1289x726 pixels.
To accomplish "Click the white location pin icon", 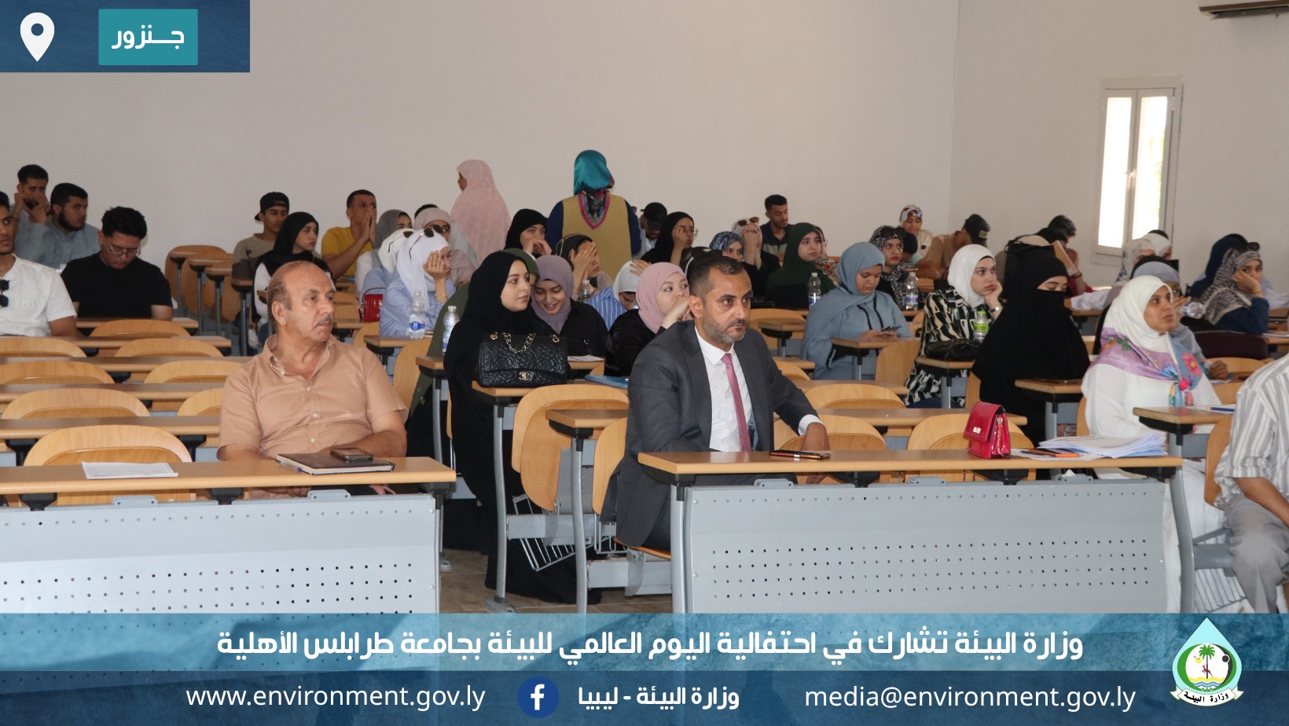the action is click(x=37, y=35).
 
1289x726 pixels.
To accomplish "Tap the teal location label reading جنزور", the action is click(x=148, y=37).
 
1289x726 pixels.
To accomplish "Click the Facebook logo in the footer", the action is click(x=538, y=697).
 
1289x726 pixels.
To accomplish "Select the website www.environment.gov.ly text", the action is click(x=336, y=697).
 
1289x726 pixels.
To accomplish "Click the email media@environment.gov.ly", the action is click(x=970, y=697).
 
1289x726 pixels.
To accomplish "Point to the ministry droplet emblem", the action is click(x=1206, y=662).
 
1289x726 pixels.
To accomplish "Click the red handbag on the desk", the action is click(x=986, y=431).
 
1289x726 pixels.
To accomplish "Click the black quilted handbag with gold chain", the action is click(x=522, y=359).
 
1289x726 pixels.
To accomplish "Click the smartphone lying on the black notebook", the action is click(x=351, y=454).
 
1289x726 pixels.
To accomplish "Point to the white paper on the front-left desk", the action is click(x=129, y=470).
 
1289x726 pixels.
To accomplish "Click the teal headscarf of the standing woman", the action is click(x=592, y=172).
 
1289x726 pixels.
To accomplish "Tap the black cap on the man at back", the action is click(x=273, y=202).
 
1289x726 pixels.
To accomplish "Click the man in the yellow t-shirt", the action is click(x=348, y=234).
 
